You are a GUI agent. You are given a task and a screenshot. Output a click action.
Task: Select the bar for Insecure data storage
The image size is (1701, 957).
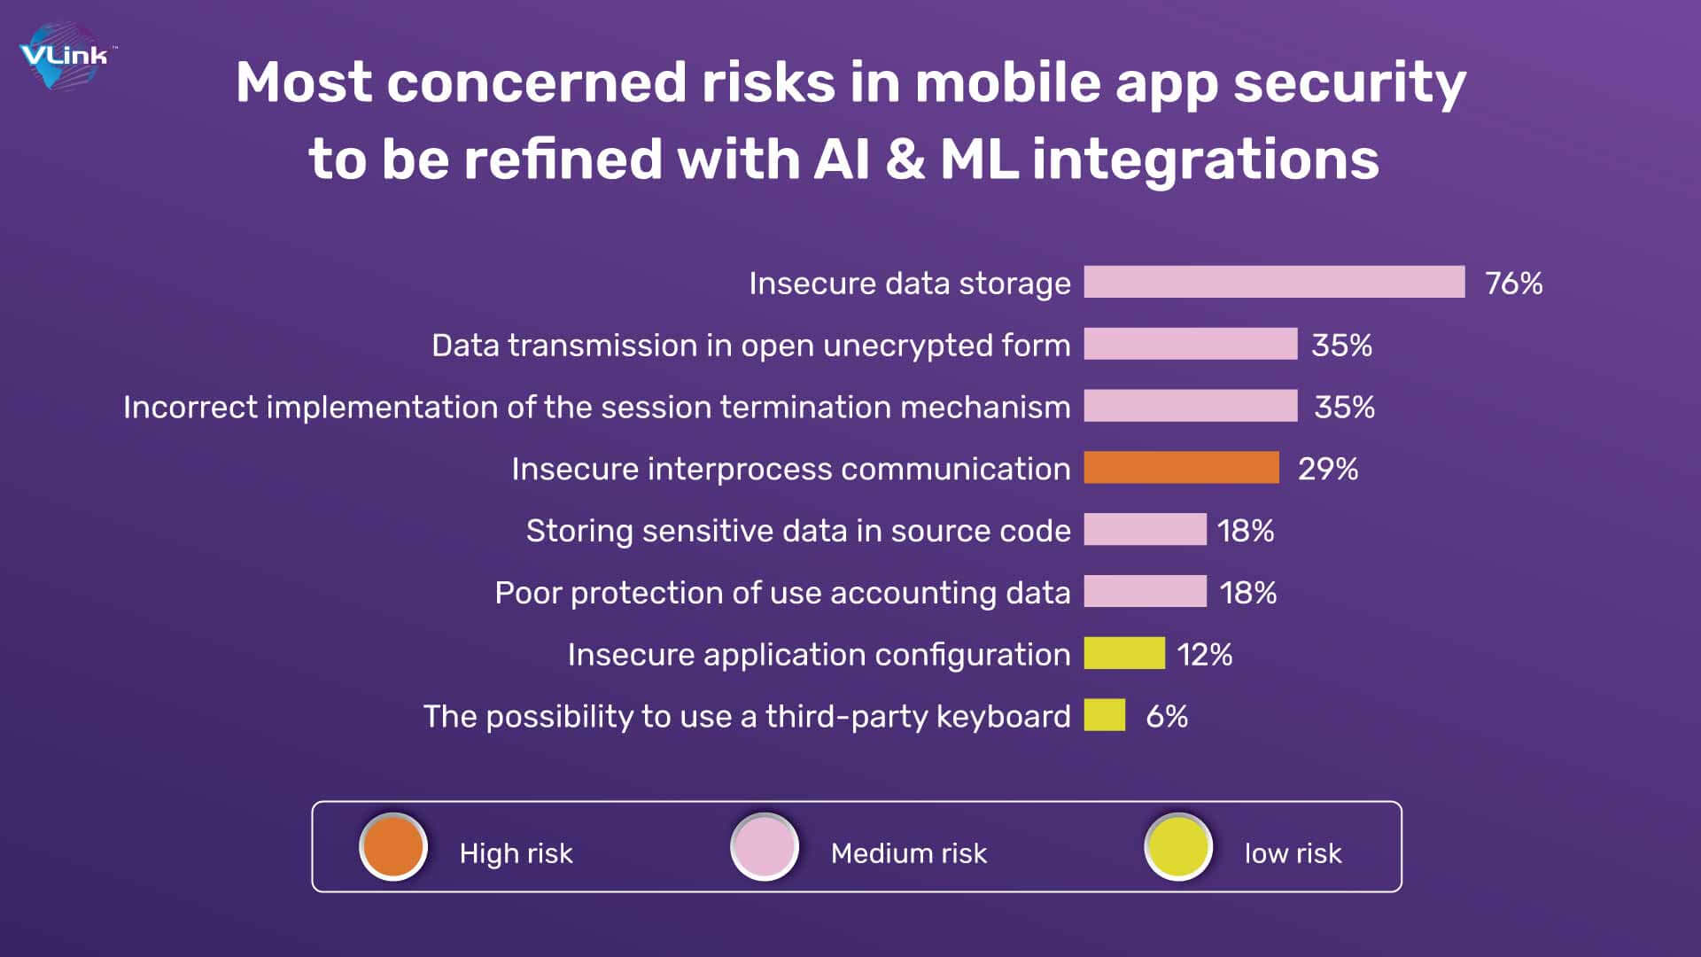pos(1274,282)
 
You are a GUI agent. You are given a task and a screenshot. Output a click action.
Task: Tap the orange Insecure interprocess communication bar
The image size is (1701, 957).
pos(1181,467)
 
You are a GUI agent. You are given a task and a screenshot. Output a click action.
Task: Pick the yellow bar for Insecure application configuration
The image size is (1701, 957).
pos(1124,653)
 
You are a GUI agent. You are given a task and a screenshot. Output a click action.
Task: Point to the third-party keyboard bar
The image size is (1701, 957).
pos(1105,715)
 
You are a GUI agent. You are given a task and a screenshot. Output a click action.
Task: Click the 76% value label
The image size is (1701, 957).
pos(1513,283)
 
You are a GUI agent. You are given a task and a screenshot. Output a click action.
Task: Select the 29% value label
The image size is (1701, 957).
pos(1327,469)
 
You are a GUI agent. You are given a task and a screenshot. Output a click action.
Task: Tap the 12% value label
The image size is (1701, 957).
pos(1204,655)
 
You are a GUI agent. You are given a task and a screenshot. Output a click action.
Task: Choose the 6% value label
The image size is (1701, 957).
pos(1167,716)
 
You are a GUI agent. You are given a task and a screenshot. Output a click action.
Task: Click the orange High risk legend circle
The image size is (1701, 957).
pos(393,847)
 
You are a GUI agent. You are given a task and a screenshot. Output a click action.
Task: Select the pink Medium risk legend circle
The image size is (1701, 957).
pos(765,847)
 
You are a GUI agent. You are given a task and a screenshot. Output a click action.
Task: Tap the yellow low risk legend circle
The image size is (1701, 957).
pos(1178,847)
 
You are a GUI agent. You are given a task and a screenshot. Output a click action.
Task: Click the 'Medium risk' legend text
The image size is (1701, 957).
pos(909,852)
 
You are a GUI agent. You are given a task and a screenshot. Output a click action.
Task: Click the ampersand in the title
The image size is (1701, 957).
pos(905,159)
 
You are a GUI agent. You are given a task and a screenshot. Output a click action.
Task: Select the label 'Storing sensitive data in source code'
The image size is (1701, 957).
pos(798,530)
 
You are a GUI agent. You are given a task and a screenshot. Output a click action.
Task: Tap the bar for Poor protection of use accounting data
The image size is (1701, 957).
pos(1145,591)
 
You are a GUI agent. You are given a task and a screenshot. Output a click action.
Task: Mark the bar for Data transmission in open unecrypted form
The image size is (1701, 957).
pos(1191,344)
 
